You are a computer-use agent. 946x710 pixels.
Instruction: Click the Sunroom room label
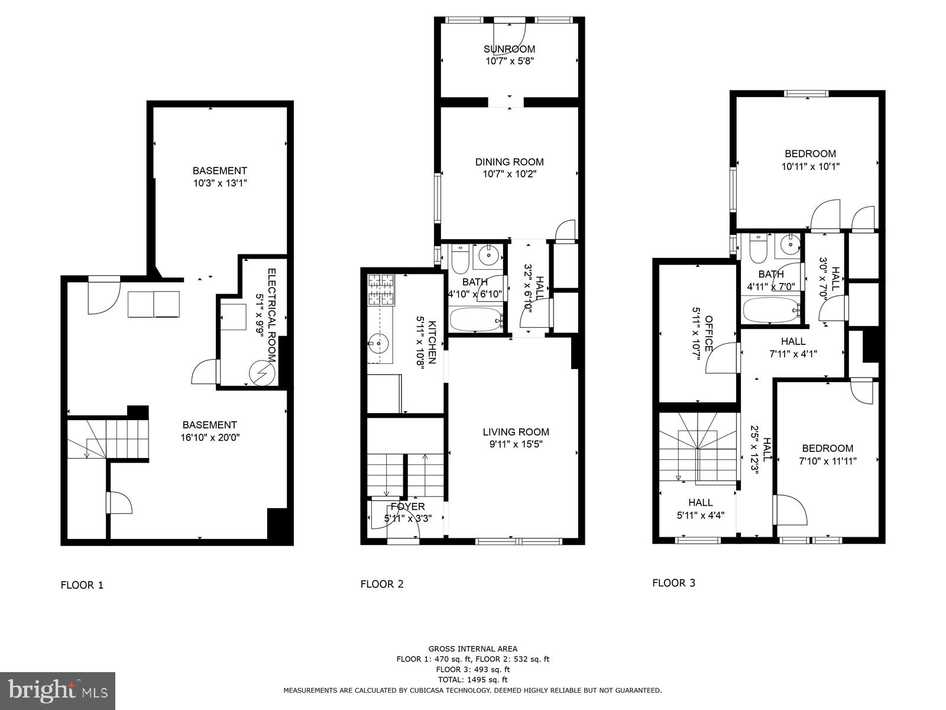point(509,49)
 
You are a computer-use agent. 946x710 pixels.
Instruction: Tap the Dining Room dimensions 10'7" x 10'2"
point(509,174)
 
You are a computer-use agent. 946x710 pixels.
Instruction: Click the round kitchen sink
point(377,342)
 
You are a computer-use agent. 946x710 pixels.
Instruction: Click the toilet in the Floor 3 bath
point(758,249)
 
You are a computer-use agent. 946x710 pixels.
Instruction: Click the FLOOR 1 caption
point(82,585)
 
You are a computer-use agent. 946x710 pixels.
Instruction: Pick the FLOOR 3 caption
point(673,583)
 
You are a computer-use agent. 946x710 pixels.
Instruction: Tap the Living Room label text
point(516,432)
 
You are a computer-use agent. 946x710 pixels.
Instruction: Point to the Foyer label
point(408,506)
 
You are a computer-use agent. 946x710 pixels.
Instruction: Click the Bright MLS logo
point(58,690)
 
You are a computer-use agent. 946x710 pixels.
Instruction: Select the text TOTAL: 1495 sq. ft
point(472,680)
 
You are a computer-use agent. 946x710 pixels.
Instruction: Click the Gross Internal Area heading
point(472,649)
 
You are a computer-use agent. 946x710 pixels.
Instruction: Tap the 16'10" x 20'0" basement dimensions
point(210,438)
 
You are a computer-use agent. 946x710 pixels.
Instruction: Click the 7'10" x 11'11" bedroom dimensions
point(827,461)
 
